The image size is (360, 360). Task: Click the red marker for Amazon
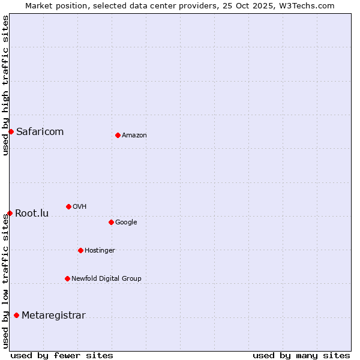coord(118,135)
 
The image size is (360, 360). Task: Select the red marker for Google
coord(111,222)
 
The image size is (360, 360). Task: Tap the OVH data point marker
coord(68,206)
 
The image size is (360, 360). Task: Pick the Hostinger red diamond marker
coord(80,250)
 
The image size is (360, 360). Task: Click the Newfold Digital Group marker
coord(67,278)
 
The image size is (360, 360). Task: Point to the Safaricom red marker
coord(11,131)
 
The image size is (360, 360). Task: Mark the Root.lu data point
coord(10,213)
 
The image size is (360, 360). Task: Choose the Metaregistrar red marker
coord(16,315)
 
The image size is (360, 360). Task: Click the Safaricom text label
coord(40,132)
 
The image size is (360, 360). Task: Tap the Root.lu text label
coord(32,213)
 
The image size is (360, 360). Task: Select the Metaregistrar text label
coord(53,316)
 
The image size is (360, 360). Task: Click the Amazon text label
coord(134,136)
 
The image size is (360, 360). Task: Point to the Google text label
coord(126,223)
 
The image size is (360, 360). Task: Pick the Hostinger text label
coord(100,251)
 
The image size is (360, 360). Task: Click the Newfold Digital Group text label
coord(106,278)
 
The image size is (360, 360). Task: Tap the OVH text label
coord(79,207)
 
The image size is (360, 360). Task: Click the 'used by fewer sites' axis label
coord(62,356)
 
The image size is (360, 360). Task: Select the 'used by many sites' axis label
coord(301,356)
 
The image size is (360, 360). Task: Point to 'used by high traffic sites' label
coord(5,85)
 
